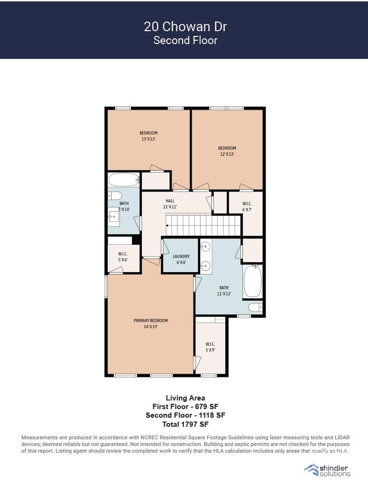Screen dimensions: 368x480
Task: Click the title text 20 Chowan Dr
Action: (x=185, y=27)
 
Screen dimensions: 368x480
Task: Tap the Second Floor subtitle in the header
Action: (x=185, y=40)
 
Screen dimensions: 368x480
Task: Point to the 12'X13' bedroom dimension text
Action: (x=227, y=154)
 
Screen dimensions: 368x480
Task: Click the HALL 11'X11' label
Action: (x=170, y=204)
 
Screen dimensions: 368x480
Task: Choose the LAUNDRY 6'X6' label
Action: (x=181, y=259)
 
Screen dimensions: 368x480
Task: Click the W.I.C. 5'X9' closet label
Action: (x=210, y=347)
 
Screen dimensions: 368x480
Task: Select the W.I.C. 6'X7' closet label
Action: (x=247, y=206)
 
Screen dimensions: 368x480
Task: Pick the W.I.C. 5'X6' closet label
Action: (x=123, y=257)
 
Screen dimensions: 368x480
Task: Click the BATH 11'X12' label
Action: (x=224, y=290)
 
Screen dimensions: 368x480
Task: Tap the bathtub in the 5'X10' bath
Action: (x=124, y=180)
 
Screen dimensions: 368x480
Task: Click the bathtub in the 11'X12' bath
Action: (x=253, y=282)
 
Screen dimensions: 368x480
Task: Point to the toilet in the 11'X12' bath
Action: (x=255, y=307)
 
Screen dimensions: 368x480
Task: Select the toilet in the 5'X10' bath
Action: (x=115, y=195)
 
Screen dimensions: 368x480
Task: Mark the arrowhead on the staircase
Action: (x=167, y=226)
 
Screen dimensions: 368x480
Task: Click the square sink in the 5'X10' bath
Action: (x=114, y=217)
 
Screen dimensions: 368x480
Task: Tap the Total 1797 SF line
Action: (x=185, y=424)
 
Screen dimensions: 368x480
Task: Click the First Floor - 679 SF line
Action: (x=185, y=407)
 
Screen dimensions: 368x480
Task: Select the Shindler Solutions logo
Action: (x=327, y=470)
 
